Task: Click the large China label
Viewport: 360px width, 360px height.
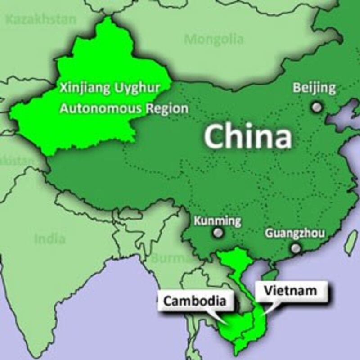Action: (248, 136)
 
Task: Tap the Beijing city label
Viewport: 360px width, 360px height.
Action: (314, 88)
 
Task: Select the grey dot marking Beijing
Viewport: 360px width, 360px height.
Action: (318, 107)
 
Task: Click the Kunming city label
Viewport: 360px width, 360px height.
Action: (217, 221)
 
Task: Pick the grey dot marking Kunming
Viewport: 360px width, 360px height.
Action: (218, 233)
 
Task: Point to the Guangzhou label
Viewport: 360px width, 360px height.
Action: (295, 233)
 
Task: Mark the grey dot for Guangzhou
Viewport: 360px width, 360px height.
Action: (296, 248)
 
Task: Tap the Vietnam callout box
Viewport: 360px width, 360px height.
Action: (290, 291)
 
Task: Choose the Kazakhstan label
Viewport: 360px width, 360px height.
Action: (41, 19)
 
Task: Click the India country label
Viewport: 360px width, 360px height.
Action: (50, 238)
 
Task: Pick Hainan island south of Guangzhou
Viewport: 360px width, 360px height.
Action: (270, 275)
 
